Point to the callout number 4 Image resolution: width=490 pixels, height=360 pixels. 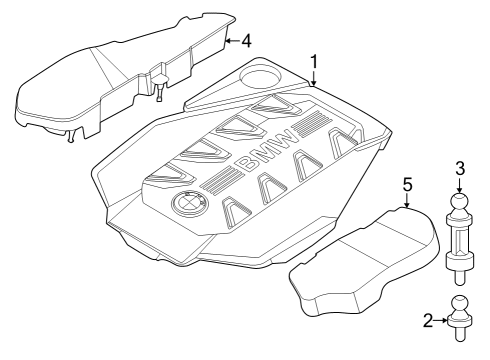[245, 41]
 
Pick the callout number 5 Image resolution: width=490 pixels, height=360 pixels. [407, 185]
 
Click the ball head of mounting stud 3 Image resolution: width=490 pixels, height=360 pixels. [460, 204]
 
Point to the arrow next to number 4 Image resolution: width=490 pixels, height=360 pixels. [231, 41]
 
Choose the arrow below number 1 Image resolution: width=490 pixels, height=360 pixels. [314, 81]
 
